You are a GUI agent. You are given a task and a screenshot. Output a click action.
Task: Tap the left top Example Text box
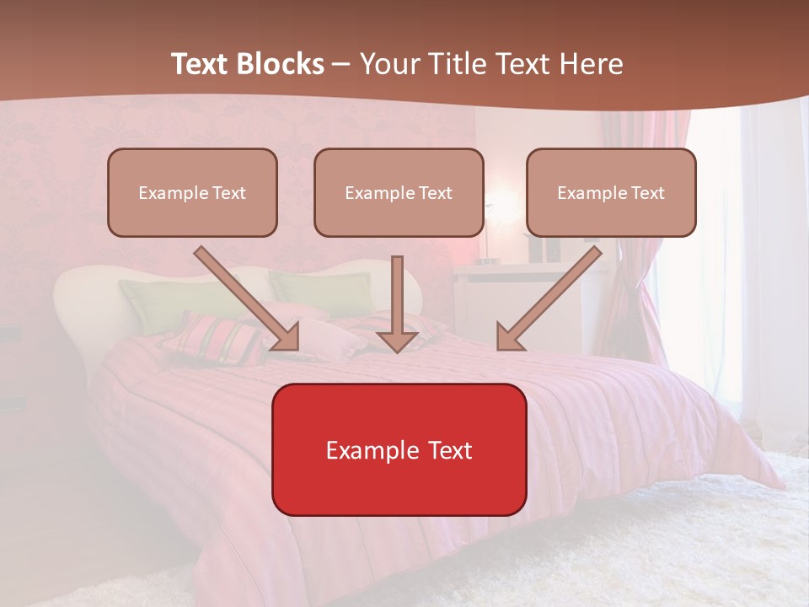(192, 193)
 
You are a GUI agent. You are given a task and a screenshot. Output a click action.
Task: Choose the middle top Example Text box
(399, 193)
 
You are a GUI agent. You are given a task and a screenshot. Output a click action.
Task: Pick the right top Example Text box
(611, 193)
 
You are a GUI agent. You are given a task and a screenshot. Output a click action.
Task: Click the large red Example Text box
(399, 450)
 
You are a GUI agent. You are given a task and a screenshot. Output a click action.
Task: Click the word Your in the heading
(390, 64)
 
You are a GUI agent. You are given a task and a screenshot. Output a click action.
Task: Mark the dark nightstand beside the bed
(10, 371)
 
